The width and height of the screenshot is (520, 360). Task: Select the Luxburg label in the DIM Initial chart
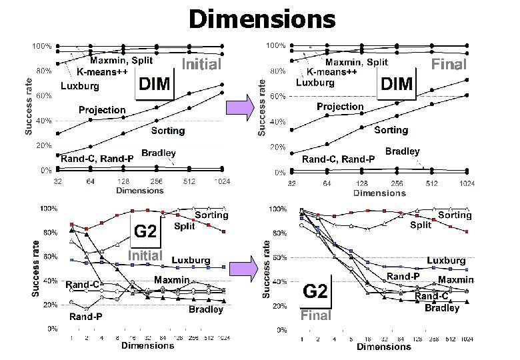pyautogui.click(x=80, y=86)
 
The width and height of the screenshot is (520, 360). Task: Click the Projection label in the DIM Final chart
pyautogui.click(x=340, y=107)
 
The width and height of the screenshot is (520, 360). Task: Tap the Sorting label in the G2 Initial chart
pyautogui.click(x=211, y=215)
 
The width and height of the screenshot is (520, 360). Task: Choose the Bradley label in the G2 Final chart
pyautogui.click(x=442, y=307)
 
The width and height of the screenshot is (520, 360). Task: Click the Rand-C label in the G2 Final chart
pyautogui.click(x=432, y=295)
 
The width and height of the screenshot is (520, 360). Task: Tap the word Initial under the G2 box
pyautogui.click(x=145, y=255)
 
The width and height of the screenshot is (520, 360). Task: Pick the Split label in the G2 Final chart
pyautogui.click(x=421, y=225)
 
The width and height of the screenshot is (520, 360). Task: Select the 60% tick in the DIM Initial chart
pyautogui.click(x=44, y=95)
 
